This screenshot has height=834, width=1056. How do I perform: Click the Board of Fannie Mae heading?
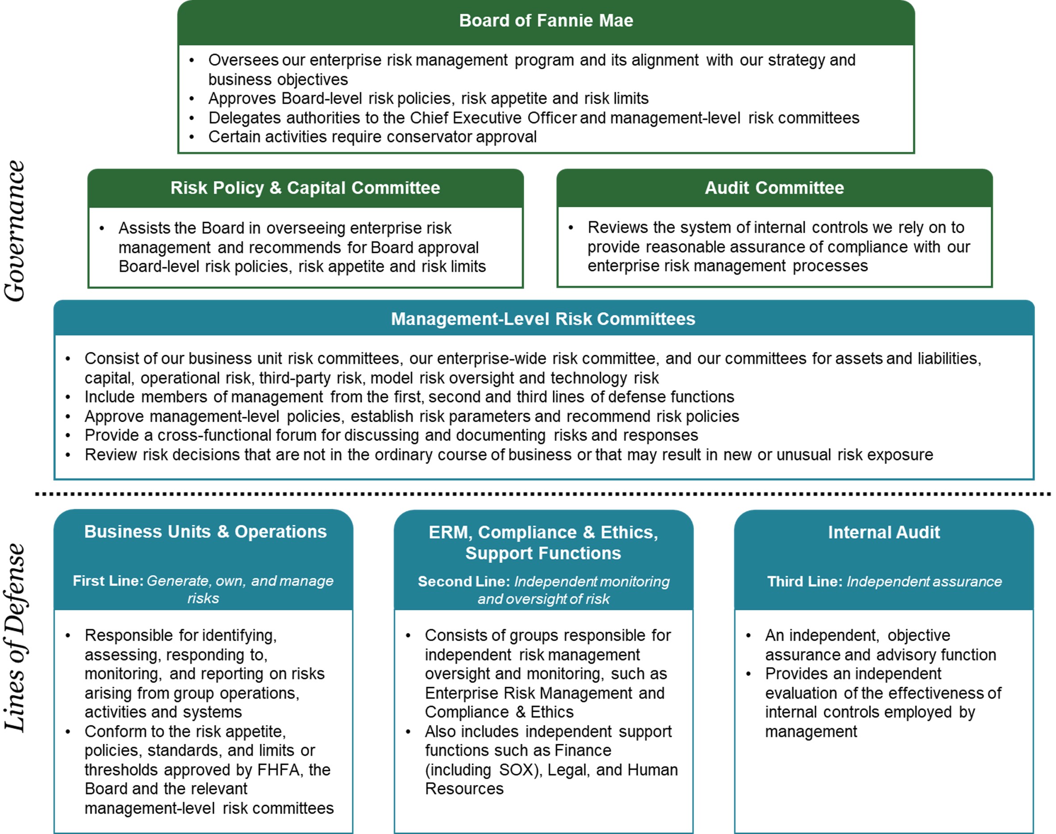[546, 21]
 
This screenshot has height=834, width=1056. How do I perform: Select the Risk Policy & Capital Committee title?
[305, 188]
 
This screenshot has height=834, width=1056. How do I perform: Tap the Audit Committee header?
[774, 188]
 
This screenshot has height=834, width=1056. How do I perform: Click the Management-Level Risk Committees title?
[543, 319]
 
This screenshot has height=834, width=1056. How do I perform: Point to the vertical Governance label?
[15, 231]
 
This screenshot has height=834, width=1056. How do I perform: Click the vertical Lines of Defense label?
[15, 637]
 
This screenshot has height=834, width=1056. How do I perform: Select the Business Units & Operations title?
[205, 532]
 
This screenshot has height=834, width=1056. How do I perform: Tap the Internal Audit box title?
[883, 532]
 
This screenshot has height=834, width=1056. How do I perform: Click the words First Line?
[108, 581]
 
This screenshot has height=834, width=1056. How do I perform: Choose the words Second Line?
[463, 582]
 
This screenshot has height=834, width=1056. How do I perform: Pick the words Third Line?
[804, 582]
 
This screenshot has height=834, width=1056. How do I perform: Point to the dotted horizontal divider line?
[542, 494]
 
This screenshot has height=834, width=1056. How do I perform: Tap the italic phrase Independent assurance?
[924, 582]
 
